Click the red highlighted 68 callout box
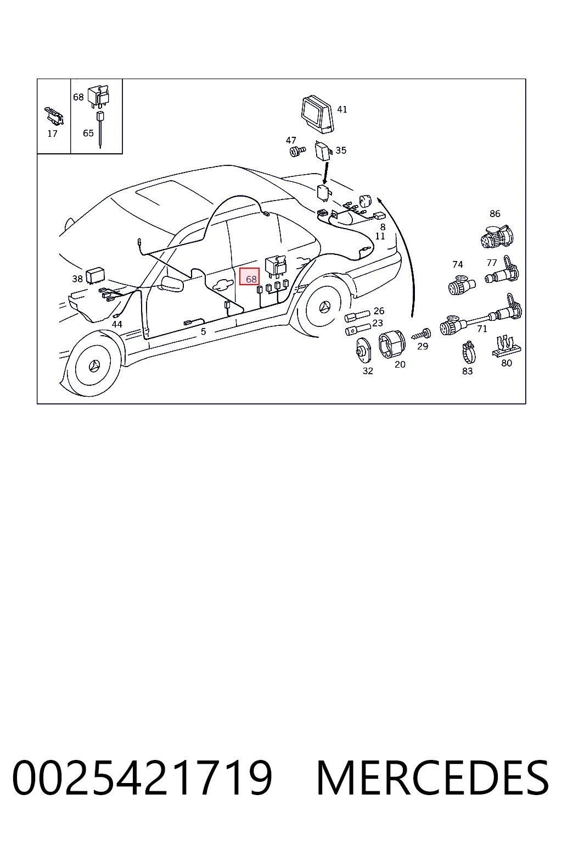pyautogui.click(x=249, y=276)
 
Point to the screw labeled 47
pyautogui.click(x=297, y=152)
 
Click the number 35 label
pyautogui.click(x=341, y=151)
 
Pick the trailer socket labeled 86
pyautogui.click(x=497, y=237)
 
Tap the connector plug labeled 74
pyautogui.click(x=461, y=285)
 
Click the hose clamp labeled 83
pyautogui.click(x=469, y=352)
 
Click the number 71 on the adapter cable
pyautogui.click(x=482, y=329)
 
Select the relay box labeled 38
pyautogui.click(x=95, y=276)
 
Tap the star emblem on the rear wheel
pyautogui.click(x=324, y=308)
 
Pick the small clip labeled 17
pyautogui.click(x=54, y=116)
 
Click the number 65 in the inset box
pyautogui.click(x=88, y=133)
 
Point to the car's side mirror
pyautogui.click(x=171, y=284)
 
